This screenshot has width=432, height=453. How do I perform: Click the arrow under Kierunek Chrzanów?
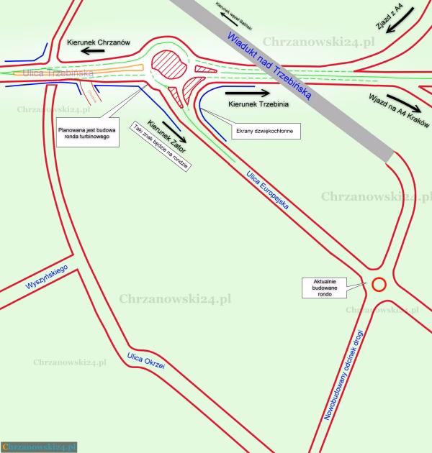(x=96, y=52)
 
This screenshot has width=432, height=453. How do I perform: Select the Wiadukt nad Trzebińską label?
(x=267, y=65)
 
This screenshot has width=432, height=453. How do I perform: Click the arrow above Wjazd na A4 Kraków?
(x=402, y=101)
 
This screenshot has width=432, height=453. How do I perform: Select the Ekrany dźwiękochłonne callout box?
(x=267, y=132)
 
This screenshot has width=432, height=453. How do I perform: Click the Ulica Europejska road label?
(x=267, y=190)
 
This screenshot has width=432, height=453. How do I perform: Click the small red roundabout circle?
(x=379, y=285)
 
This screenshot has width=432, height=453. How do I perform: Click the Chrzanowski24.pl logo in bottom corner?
(x=39, y=447)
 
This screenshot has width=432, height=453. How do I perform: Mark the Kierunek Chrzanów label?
(x=97, y=42)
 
